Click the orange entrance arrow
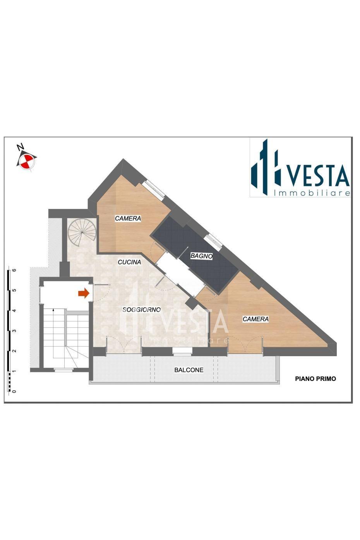coord(84,293)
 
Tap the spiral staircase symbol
coord(82,232)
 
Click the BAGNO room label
coord(201,256)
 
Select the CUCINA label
coord(129,262)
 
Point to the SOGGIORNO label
coord(141,310)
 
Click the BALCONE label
coord(189,370)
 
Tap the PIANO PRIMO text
coord(315,379)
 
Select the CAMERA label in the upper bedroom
coord(128,218)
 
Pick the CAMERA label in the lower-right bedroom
coord(255,319)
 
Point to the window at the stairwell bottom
coord(63,370)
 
